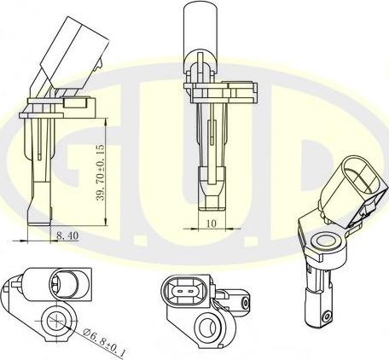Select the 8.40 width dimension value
67,234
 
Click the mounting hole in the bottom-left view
56,322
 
